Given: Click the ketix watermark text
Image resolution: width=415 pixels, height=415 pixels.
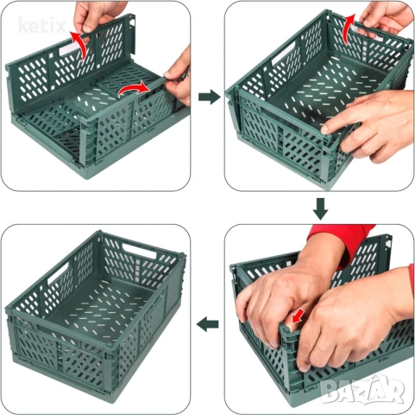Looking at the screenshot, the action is [x=42, y=25].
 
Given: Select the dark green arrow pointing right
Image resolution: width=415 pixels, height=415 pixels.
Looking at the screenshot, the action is [x=210, y=97].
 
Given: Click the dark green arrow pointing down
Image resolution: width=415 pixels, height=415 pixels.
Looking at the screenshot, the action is [x=320, y=208].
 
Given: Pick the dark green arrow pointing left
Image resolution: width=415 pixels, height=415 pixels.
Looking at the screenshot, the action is [x=207, y=324].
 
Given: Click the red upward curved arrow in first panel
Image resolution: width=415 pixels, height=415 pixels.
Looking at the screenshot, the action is [x=80, y=45].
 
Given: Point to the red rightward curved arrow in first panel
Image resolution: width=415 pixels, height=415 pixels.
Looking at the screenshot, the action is [x=135, y=88].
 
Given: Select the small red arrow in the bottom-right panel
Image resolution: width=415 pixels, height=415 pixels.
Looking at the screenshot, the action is [x=297, y=316].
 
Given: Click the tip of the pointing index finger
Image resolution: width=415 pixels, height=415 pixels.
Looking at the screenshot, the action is [x=324, y=130].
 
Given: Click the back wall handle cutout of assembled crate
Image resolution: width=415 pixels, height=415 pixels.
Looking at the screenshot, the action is [x=140, y=250].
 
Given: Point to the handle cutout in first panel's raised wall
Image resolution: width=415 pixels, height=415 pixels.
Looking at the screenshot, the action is [x=71, y=48].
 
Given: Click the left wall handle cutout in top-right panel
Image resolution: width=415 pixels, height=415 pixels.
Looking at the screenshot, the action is [x=284, y=54].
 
